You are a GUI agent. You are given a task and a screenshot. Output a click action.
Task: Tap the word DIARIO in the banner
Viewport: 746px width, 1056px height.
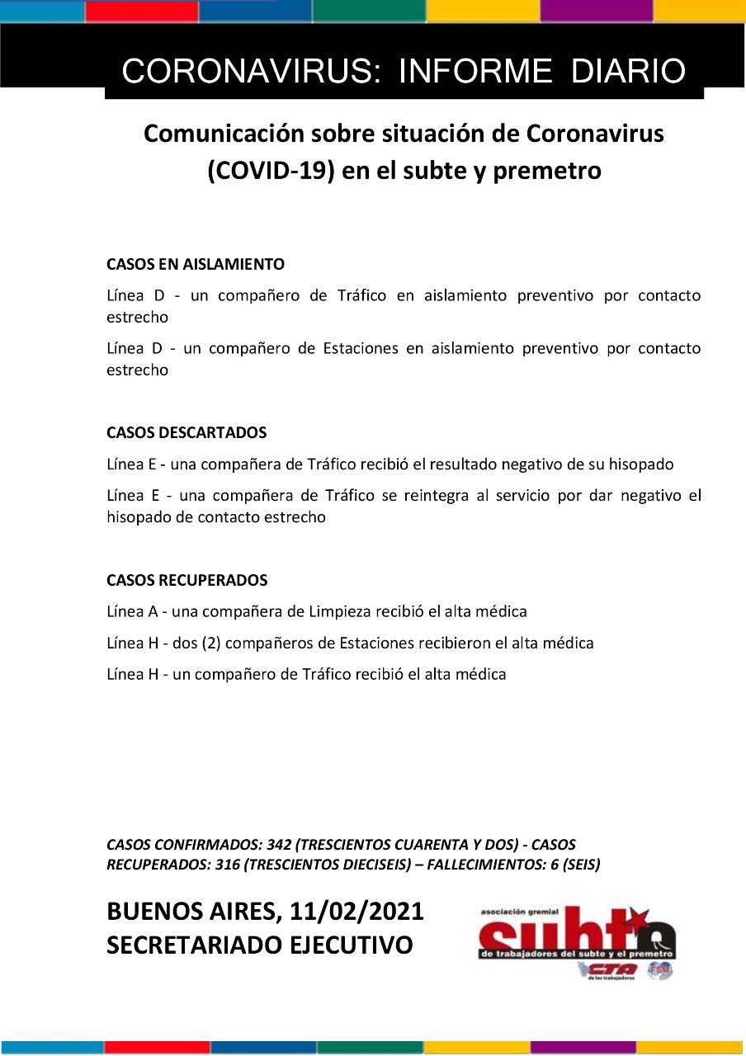coord(628,72)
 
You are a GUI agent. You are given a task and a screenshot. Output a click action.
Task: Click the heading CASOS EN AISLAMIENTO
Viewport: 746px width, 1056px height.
coord(196,265)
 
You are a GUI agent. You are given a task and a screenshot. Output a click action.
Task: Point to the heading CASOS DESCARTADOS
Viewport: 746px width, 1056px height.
coord(186,433)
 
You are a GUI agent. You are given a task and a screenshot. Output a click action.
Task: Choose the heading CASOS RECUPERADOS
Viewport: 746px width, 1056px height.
coord(187,581)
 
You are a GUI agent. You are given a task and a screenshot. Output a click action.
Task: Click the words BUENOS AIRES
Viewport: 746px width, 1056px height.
coord(192,912)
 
